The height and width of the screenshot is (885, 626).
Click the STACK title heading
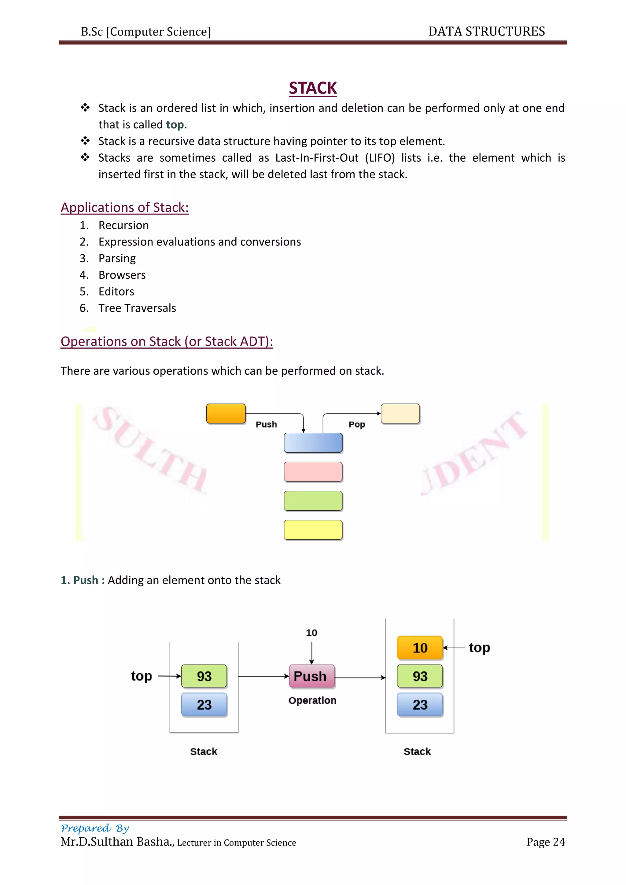point(313,88)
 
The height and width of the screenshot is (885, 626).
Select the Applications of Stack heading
point(124,207)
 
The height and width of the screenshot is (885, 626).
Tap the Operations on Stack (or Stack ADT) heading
point(167,342)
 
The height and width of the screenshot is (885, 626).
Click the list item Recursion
point(123,225)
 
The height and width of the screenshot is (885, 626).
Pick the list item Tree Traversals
point(137,308)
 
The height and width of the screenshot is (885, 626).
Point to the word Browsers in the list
point(122,275)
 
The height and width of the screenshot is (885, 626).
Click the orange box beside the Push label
point(226,413)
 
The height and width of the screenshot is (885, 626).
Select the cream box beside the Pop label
point(400,413)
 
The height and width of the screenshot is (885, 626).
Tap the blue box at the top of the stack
point(313,442)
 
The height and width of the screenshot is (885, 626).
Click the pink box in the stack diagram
point(313,472)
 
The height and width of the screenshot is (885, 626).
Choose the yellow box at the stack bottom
point(313,530)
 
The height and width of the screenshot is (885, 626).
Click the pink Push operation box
point(311,676)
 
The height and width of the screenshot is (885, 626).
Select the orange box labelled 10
point(420,648)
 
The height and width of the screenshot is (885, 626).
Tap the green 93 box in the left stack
point(204,676)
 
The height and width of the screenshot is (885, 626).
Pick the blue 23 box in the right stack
point(420,705)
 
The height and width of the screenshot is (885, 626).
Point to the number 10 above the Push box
point(311,633)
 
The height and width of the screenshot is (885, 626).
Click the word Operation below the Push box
point(312,700)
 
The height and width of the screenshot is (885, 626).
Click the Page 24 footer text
point(545,842)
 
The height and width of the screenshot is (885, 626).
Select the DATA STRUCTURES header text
point(486,31)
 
